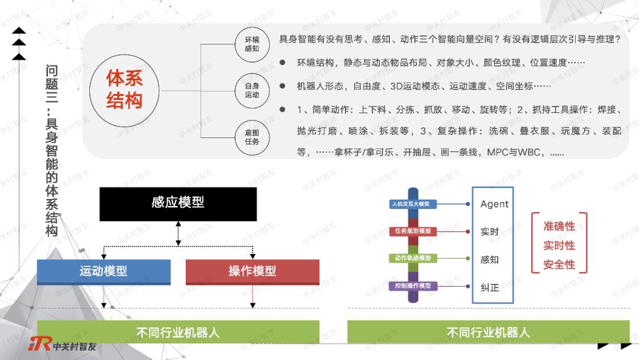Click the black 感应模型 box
click(178, 204)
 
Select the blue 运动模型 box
click(104, 272)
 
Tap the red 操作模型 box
click(252, 272)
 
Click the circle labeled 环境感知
click(252, 44)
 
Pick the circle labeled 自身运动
click(252, 91)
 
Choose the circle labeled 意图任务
click(252, 137)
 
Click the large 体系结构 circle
click(124, 90)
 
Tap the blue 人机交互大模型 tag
click(412, 204)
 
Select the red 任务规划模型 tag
click(412, 231)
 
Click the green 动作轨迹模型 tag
click(412, 258)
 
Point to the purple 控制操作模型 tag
click(412, 286)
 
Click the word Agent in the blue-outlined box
click(494, 204)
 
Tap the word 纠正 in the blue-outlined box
click(490, 287)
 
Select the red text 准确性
click(559, 226)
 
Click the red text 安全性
click(559, 265)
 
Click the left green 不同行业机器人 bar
click(178, 332)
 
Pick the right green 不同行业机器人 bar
click(488, 332)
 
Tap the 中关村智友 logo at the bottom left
click(63, 345)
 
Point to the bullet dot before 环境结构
click(282, 62)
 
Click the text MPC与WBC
click(515, 153)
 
